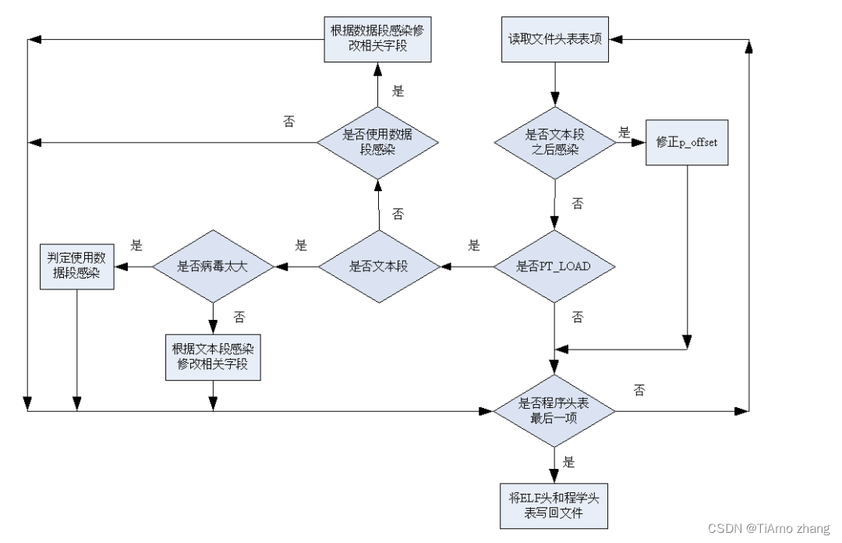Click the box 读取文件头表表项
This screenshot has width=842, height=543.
555,39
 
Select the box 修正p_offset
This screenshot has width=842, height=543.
687,143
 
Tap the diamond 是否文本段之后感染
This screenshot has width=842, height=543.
555,143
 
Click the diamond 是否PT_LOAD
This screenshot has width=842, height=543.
554,266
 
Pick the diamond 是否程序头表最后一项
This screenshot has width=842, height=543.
554,410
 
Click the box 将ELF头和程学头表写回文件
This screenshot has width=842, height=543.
554,506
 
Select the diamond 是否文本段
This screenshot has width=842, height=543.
379,266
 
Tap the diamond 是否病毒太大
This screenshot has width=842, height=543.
213,266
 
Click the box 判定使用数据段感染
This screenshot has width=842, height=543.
76,267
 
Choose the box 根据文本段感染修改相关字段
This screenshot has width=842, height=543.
213,357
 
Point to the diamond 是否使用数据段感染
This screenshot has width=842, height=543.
378,143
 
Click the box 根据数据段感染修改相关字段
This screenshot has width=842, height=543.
377,39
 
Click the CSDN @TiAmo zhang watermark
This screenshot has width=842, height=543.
769,528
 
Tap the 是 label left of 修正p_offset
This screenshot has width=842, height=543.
624,133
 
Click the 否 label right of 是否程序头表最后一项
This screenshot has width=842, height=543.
639,390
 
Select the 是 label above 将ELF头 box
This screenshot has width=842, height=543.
568,462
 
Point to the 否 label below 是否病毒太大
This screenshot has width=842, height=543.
239,318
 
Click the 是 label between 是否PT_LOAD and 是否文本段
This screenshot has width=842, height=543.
474,246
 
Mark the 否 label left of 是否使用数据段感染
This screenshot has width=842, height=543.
289,122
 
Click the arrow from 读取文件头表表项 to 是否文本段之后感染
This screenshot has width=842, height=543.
555,84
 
